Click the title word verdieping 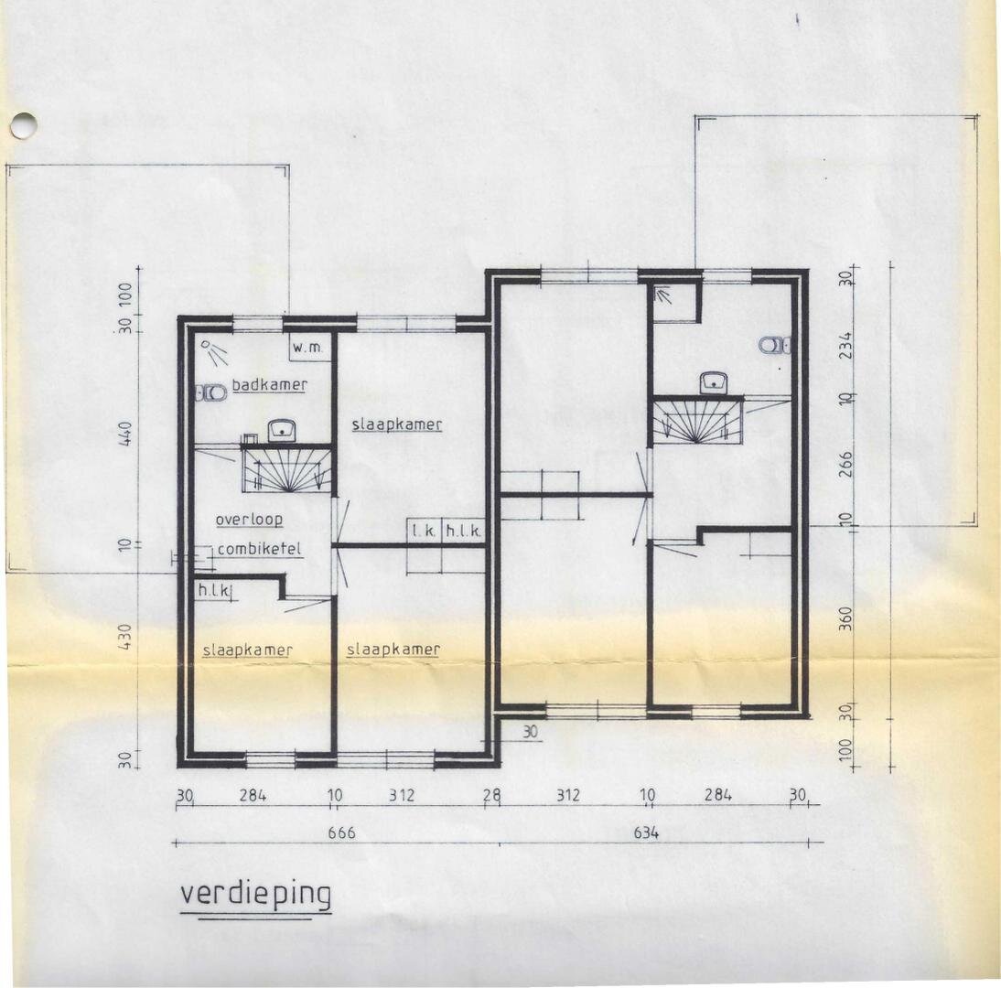256,895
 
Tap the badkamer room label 269,385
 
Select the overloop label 249,520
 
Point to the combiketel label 259,549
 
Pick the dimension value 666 341,832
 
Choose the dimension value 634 646,832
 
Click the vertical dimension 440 125,434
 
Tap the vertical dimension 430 125,637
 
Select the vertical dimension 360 845,618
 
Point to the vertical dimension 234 845,345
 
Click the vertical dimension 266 845,465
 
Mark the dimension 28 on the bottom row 492,796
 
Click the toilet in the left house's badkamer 210,392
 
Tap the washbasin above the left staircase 280,431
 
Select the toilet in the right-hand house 774,345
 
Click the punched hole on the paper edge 24,125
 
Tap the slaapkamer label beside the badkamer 397,424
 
